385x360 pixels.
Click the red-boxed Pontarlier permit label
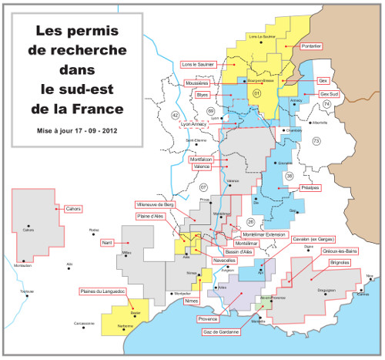309,46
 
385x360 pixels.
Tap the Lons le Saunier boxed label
198,64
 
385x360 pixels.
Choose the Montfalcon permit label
202,160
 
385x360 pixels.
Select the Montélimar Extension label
263,234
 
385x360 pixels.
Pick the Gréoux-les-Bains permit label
333,251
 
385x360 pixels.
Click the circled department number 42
176,114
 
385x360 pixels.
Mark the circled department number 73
316,141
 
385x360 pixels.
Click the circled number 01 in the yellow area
256,93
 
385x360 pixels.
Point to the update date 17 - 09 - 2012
92,132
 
